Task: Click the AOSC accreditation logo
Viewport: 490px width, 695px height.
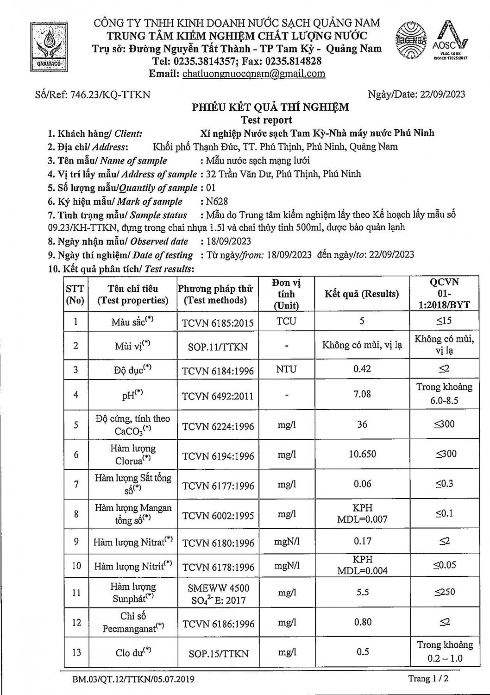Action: tap(450, 42)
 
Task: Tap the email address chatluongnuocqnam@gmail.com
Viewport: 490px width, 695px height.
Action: tap(254, 74)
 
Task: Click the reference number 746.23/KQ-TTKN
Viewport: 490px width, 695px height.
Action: tap(110, 95)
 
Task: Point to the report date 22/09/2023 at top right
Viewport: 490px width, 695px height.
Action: tap(442, 95)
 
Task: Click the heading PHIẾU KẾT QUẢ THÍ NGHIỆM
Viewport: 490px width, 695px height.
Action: tap(270, 107)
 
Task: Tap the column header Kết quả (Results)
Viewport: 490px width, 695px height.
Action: tap(362, 294)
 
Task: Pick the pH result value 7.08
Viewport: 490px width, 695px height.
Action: tap(362, 394)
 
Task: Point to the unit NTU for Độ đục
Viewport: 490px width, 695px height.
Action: tap(286, 370)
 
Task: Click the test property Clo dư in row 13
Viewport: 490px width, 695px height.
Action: tap(133, 652)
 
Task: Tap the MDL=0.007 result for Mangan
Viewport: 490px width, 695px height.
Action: tap(362, 519)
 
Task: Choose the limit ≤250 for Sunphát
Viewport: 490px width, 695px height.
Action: tap(444, 592)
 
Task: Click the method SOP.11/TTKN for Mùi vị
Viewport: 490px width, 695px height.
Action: tap(218, 347)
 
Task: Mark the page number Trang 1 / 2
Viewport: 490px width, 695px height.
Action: tap(428, 679)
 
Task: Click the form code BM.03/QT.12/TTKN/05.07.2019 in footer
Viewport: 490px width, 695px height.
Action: tap(133, 680)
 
